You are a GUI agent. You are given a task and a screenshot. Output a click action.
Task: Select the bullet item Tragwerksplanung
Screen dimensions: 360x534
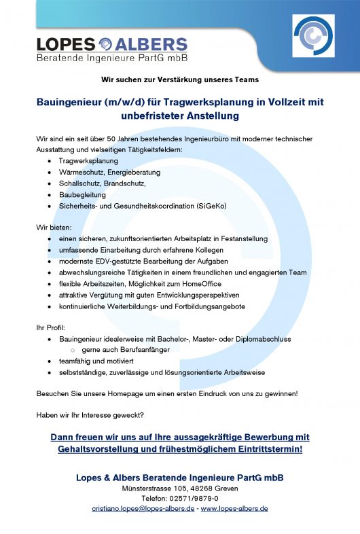tap(88, 161)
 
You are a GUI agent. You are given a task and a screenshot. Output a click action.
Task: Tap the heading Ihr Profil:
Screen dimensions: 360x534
tap(51, 327)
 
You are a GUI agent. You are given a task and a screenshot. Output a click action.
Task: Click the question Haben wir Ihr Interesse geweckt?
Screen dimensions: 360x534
tap(90, 415)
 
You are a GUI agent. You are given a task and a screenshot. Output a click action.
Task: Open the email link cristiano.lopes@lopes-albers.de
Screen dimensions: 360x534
tap(143, 508)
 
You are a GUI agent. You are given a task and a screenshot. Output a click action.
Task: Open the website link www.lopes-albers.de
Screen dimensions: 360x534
tap(234, 508)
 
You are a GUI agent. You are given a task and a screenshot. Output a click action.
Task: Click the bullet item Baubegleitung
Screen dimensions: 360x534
tap(84, 194)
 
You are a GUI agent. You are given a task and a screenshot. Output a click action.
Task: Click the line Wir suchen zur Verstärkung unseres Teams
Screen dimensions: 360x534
tap(179, 80)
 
